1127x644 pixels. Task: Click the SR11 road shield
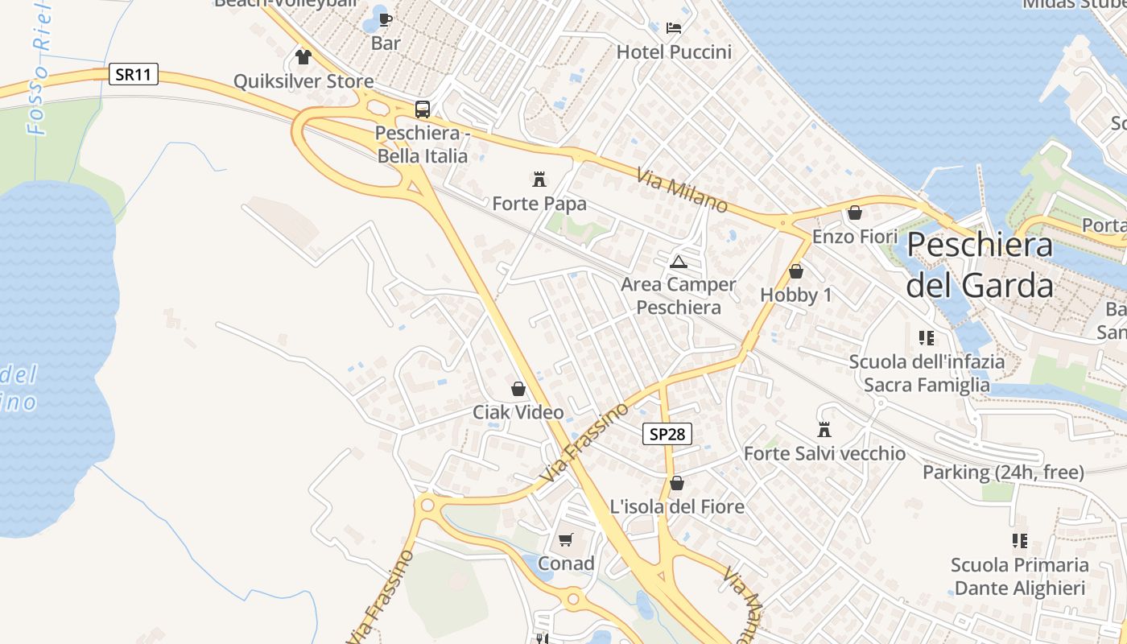tap(134, 75)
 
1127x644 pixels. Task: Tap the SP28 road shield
tap(668, 434)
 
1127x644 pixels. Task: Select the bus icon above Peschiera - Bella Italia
tap(422, 109)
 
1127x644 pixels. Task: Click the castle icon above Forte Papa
tap(539, 179)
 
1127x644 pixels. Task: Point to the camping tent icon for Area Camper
tap(678, 261)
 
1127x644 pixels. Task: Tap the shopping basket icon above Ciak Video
tap(518, 389)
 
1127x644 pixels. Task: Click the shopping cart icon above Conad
tap(566, 539)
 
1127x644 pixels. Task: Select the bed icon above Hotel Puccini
tap(674, 28)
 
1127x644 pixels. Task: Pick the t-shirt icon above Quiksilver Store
tap(303, 56)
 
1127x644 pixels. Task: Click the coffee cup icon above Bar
tap(386, 19)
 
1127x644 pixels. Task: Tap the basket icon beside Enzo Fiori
tap(854, 213)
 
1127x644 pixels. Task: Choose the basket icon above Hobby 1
tap(795, 271)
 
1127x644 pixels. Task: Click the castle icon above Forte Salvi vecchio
tap(824, 430)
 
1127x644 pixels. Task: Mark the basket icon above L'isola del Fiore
tap(677, 483)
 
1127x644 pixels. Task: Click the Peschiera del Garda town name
tap(980, 265)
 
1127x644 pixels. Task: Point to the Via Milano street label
tap(682, 191)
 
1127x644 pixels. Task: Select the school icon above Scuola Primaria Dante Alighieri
tap(1019, 541)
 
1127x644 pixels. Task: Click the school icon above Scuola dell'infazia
tap(927, 338)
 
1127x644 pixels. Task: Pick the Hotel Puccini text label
tap(674, 52)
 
